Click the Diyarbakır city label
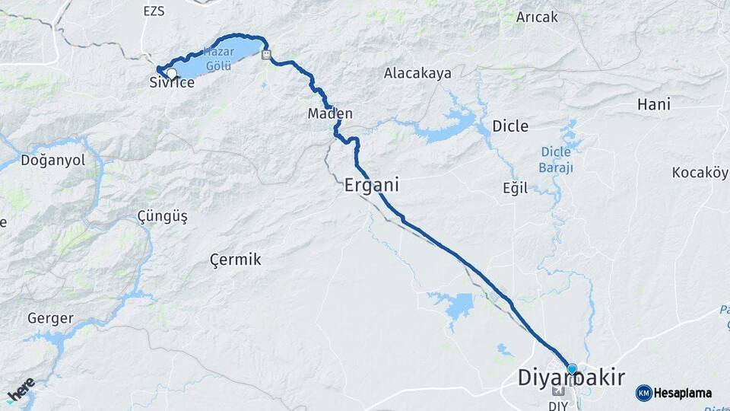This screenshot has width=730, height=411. pyautogui.click(x=571, y=378)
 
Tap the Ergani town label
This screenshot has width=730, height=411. pyautogui.click(x=372, y=185)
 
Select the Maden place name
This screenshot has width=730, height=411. pyautogui.click(x=330, y=113)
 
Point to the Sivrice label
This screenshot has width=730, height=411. pyautogui.click(x=172, y=83)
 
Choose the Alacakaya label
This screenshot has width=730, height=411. pyautogui.click(x=417, y=74)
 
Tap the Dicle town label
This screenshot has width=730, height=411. pyautogui.click(x=510, y=126)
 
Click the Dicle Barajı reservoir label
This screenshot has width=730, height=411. pyautogui.click(x=557, y=159)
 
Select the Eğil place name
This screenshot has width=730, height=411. pyautogui.click(x=515, y=188)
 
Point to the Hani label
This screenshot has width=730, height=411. pyautogui.click(x=654, y=104)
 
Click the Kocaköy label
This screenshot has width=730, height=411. pyautogui.click(x=700, y=173)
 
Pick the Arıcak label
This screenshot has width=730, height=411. pyautogui.click(x=537, y=17)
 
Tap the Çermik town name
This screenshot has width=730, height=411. pyautogui.click(x=236, y=260)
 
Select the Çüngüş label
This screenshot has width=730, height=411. pyautogui.click(x=162, y=217)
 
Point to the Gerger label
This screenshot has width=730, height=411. pyautogui.click(x=50, y=318)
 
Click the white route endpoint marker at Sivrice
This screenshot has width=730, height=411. pyautogui.click(x=172, y=73)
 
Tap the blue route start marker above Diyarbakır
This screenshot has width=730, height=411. pyautogui.click(x=572, y=368)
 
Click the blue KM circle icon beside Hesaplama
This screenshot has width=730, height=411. pyautogui.click(x=644, y=393)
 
